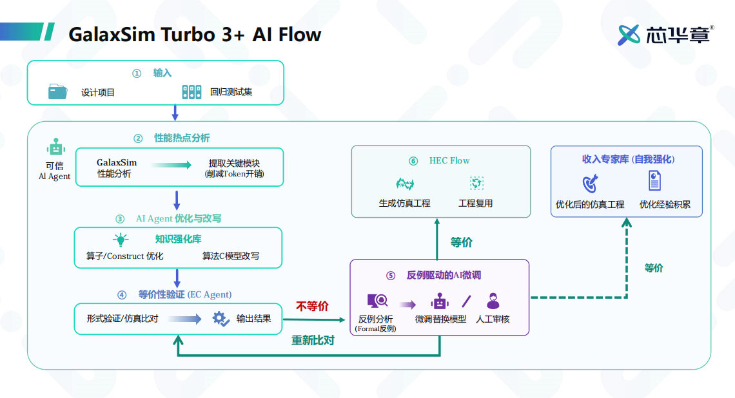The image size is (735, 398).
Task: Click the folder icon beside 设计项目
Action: [x=57, y=91]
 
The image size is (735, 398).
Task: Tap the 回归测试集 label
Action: [x=231, y=92]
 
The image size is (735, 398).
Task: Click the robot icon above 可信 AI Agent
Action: [x=56, y=147]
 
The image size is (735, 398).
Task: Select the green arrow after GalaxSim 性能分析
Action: [x=171, y=165]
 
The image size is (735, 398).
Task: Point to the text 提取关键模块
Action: [x=234, y=163]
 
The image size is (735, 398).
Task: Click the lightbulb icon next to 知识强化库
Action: [x=121, y=240]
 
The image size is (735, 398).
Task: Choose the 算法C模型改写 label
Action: [x=231, y=256]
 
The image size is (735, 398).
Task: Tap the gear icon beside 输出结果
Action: [x=220, y=319]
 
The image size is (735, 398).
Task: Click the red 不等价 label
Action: [x=312, y=306]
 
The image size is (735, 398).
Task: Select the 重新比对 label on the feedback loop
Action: [x=313, y=341]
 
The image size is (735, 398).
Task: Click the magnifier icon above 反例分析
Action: [x=377, y=301]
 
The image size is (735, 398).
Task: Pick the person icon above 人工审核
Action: [x=493, y=301]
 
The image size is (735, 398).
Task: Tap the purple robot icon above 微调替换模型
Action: [x=440, y=301]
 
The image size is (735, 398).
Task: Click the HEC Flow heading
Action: [x=449, y=160]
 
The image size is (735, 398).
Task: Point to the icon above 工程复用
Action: [x=476, y=183]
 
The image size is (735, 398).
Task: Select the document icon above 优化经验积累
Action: [x=655, y=181]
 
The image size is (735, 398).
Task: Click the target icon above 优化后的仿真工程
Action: [x=591, y=184]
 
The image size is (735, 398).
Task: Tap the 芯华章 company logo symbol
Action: [x=629, y=35]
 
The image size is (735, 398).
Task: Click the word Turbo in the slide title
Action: [x=188, y=35]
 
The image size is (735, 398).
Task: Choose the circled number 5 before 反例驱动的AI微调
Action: [x=391, y=276]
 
